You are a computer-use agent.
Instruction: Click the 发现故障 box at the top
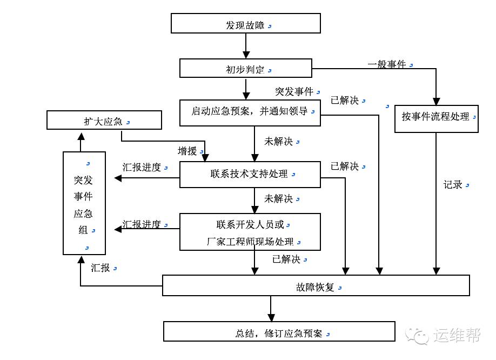[x=245, y=24]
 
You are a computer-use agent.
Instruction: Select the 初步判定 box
[x=245, y=69]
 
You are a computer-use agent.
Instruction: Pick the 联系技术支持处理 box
[x=250, y=175]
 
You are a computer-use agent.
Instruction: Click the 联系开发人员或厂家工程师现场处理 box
[x=250, y=232]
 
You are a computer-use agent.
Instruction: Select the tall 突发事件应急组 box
[x=84, y=203]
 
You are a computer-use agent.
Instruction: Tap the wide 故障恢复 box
[x=316, y=285]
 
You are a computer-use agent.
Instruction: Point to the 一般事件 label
[x=386, y=64]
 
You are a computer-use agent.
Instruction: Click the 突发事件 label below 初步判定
[x=294, y=91]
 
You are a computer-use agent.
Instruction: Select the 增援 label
[x=187, y=151]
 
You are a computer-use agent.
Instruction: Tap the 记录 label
[x=453, y=185]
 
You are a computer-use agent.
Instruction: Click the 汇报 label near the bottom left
[x=100, y=268]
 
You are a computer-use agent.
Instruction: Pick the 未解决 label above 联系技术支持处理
[x=278, y=142]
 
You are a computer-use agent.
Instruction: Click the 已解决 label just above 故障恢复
[x=286, y=259]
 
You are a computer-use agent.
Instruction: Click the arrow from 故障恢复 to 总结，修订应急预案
[x=271, y=309]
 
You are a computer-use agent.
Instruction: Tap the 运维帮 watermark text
[x=456, y=336]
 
